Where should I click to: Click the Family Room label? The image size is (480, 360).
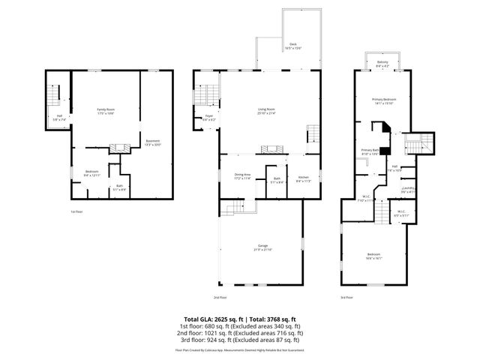coord(105,111)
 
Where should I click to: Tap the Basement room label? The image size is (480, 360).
coord(152,142)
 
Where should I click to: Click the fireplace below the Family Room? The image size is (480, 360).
coord(115,148)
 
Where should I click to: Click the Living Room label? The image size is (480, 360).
coord(266,111)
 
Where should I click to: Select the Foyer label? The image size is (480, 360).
coord(211,118)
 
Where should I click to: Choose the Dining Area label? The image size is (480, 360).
coord(241,175)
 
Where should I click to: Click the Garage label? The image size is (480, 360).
coord(263,247)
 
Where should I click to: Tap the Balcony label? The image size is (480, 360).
coord(382,64)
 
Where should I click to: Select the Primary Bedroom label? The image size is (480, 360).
coord(383,101)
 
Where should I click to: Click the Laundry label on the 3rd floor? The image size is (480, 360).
coord(408,189)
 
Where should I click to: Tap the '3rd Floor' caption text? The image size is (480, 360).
coord(346,296)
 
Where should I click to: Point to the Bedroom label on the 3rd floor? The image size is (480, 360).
coord(373,256)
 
